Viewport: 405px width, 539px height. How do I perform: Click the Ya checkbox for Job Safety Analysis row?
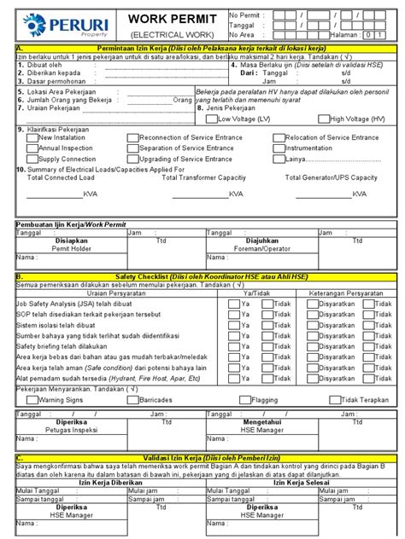[233, 304]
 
